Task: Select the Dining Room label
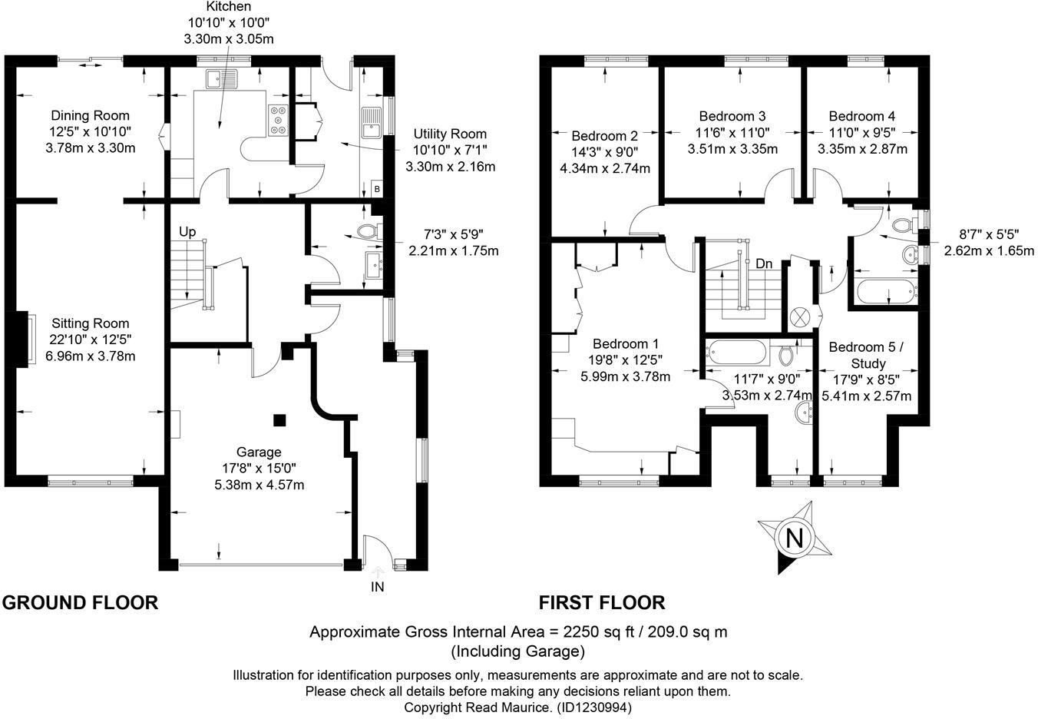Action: coord(90,116)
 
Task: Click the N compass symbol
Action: coord(795,538)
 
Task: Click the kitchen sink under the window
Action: coord(229,78)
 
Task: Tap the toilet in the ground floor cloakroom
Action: coord(369,230)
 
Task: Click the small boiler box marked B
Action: coord(377,188)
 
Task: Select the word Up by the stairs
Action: coord(187,232)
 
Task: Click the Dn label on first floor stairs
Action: coord(763,263)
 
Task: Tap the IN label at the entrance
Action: coord(377,587)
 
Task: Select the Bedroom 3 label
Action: coord(732,116)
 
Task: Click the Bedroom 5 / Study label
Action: coord(867,355)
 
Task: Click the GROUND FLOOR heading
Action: coord(80,602)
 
